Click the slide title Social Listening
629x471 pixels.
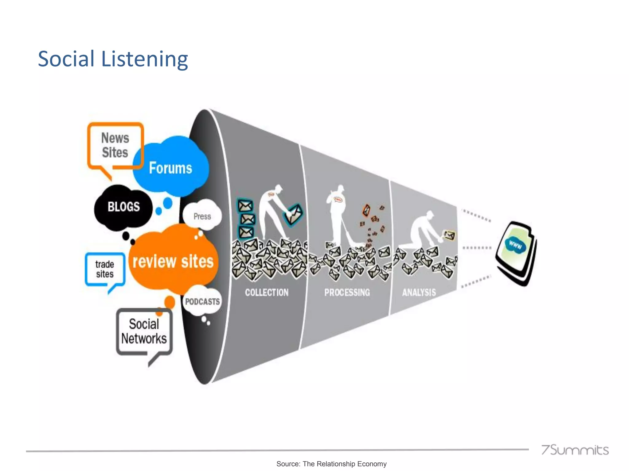click(113, 59)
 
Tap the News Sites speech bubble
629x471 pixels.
click(115, 145)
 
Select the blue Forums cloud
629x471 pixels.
click(171, 168)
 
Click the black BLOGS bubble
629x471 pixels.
click(123, 207)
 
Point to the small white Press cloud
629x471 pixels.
click(202, 216)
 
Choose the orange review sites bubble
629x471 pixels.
click(173, 261)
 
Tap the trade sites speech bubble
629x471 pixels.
click(105, 269)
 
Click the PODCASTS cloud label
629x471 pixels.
click(202, 302)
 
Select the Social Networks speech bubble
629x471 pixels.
click(144, 331)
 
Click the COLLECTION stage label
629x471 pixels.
click(267, 293)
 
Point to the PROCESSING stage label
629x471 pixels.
click(347, 293)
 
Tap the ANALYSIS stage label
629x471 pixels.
click(419, 293)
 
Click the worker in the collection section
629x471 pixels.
click(272, 212)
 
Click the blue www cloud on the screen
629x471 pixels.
click(515, 245)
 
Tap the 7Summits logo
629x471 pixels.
click(575, 450)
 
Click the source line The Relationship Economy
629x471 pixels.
click(331, 464)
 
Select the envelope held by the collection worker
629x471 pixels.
click(293, 214)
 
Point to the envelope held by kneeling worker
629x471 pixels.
click(449, 235)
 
